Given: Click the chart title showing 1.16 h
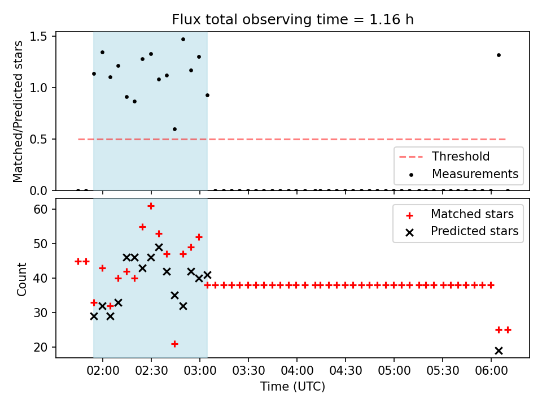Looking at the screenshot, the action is (x=293, y=19).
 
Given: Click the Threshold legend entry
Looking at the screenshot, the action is (x=444, y=157).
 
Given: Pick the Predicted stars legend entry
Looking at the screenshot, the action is (x=461, y=231).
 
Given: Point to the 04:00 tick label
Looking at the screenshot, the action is (x=297, y=371).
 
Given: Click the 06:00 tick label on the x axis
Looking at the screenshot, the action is (x=491, y=371).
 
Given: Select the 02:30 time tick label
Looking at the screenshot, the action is (x=151, y=371).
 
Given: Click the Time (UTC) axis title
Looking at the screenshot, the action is (x=293, y=386).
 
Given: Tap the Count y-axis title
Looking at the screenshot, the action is (x=21, y=279).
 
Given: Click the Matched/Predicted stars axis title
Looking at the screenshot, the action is (x=18, y=111).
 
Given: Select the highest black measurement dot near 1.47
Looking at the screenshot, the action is (x=183, y=40).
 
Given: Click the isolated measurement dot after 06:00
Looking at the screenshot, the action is (x=499, y=55).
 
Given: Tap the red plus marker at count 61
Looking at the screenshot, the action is (x=151, y=206).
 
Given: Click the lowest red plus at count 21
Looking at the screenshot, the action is (x=174, y=344).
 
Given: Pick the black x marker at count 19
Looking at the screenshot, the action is (x=499, y=351).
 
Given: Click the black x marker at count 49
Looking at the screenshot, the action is (x=159, y=248).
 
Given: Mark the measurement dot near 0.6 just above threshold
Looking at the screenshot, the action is (x=174, y=129).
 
